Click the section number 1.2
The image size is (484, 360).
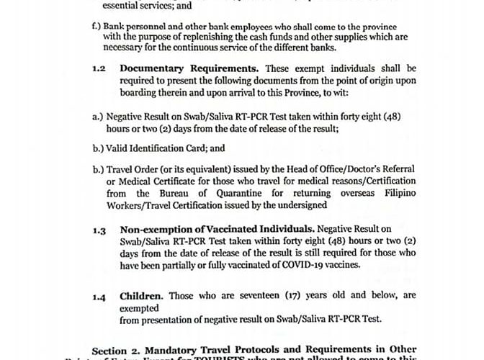click(x=99, y=68)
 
